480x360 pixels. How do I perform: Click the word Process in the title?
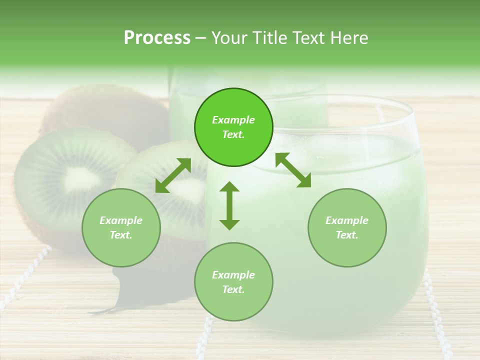(157, 38)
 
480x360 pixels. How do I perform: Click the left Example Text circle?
(121, 227)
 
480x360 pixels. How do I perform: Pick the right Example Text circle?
(346, 227)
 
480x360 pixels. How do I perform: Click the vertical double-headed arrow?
(229, 205)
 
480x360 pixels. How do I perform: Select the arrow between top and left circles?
(172, 175)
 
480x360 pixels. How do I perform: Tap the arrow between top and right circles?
(293, 170)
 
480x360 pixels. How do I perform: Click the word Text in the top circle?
(233, 134)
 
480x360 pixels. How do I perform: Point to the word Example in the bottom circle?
(233, 275)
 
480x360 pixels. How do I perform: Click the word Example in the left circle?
(121, 220)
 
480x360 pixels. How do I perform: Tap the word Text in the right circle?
(346, 235)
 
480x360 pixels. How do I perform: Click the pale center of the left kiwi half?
(75, 177)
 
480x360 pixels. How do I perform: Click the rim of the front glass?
(350, 102)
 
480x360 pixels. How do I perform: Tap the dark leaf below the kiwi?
(125, 290)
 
